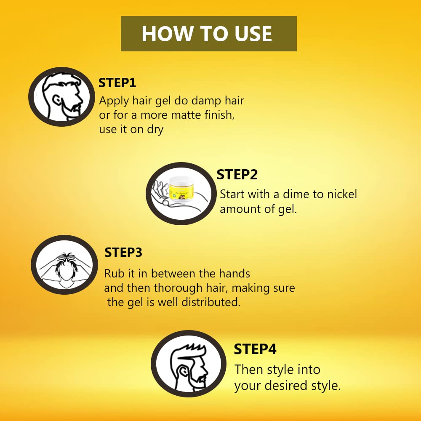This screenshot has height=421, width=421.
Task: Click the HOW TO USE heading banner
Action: coord(209,34)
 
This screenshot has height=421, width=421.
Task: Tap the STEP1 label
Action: coord(117,83)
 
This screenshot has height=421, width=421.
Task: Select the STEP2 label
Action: coord(237,175)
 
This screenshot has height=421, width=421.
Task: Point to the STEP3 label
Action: coord(123,252)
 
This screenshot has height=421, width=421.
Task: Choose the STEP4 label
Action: coord(255,349)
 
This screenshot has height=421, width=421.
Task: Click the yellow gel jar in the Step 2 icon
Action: coord(180,190)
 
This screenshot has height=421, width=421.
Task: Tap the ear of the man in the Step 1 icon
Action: coord(57,100)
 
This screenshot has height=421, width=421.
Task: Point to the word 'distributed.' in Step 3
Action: coord(211,302)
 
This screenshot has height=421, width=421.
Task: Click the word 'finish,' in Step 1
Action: coord(219,115)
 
